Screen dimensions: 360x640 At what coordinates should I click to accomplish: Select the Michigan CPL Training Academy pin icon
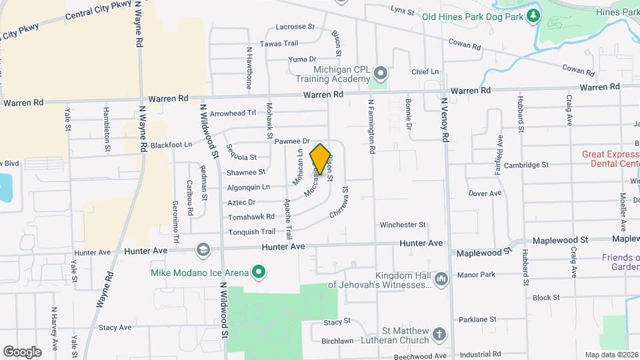tap(381, 72)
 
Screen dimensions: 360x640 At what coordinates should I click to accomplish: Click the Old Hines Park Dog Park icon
tap(533, 15)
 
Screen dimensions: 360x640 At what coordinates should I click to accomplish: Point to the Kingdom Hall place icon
tap(440, 279)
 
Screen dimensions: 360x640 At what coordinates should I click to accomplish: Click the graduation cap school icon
tap(202, 250)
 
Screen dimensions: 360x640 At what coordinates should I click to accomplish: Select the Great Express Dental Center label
tap(610, 159)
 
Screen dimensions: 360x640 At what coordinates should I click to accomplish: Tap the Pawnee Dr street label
tap(293, 141)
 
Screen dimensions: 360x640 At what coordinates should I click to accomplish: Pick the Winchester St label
tap(403, 225)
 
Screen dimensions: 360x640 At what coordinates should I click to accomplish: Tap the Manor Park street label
tap(476, 275)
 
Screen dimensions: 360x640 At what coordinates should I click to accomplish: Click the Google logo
tap(22, 351)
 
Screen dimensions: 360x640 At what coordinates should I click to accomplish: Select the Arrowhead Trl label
tap(233, 113)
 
